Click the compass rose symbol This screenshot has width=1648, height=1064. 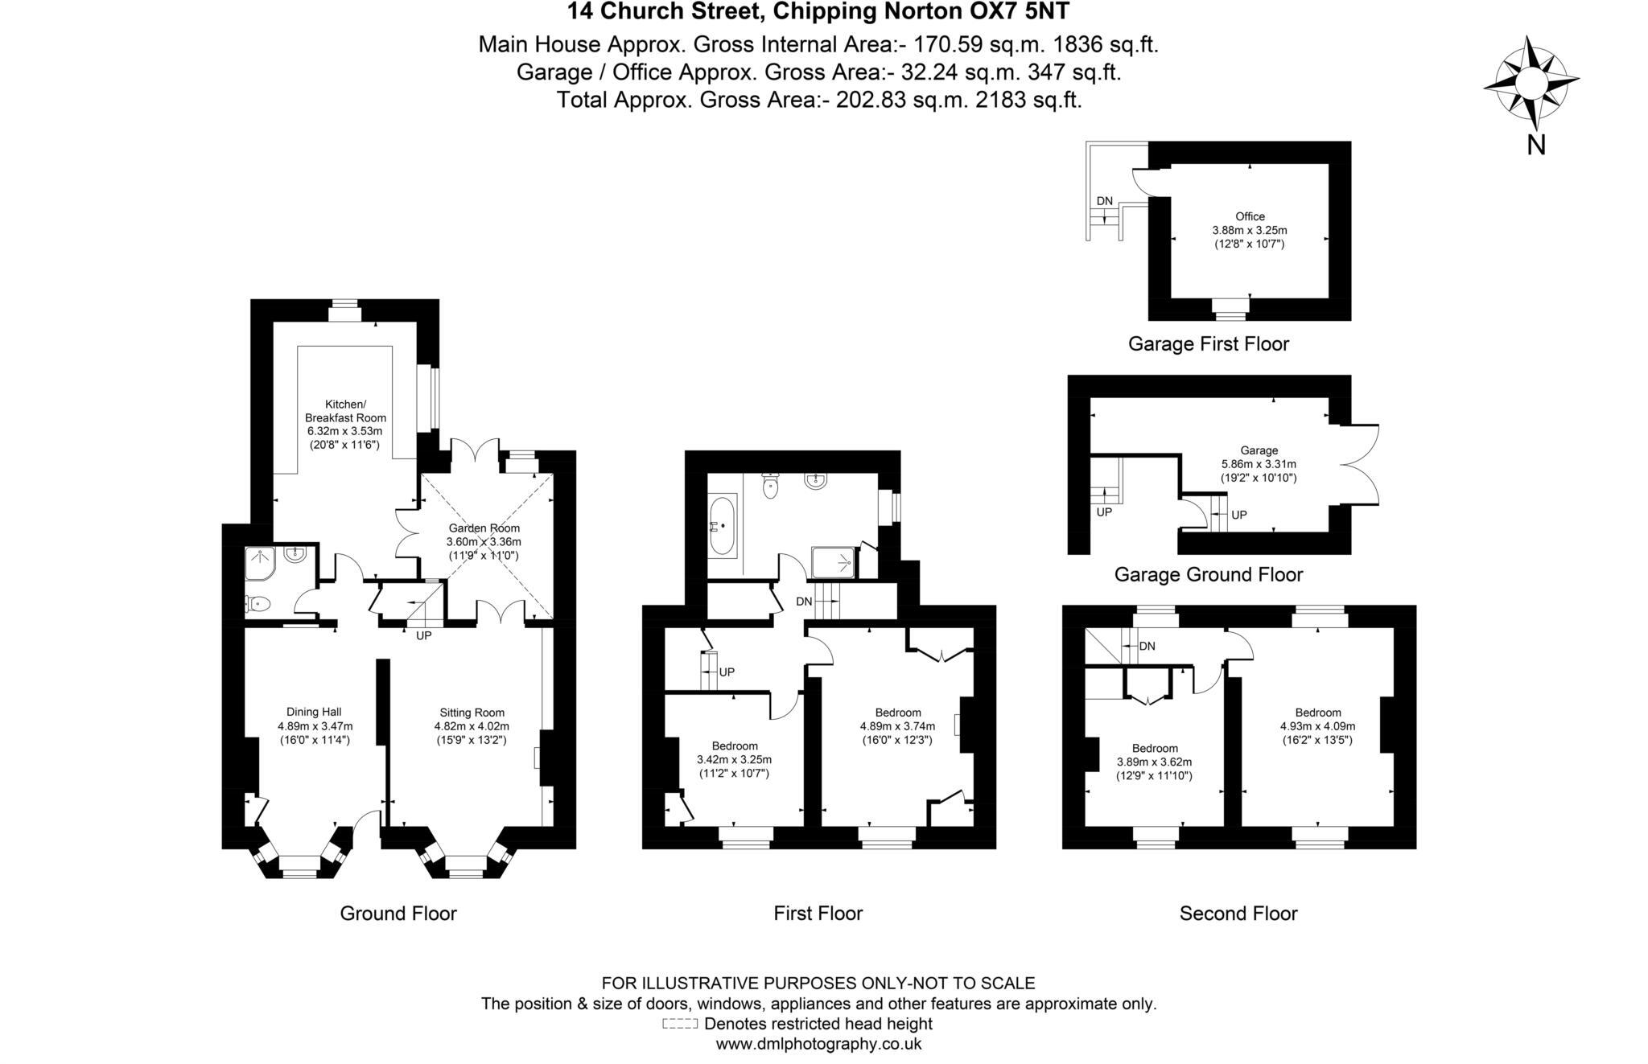point(1530,83)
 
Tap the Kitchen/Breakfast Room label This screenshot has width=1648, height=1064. point(345,411)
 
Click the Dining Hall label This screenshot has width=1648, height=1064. point(314,712)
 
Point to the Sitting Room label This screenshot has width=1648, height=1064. point(472,713)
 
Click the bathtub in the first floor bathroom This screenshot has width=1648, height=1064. point(722,527)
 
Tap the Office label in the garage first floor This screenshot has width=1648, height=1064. point(1250,216)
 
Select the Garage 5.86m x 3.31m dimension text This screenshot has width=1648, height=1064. point(1259,471)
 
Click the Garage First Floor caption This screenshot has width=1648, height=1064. point(1208,344)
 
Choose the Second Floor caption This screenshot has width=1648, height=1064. point(1238,914)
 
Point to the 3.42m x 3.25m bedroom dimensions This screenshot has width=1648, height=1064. point(733,766)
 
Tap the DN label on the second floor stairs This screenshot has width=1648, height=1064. point(1147,646)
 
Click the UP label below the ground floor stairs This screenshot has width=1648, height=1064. point(423,635)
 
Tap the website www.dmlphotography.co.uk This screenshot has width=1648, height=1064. point(818,1045)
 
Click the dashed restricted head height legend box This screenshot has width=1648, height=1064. point(679,1025)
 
